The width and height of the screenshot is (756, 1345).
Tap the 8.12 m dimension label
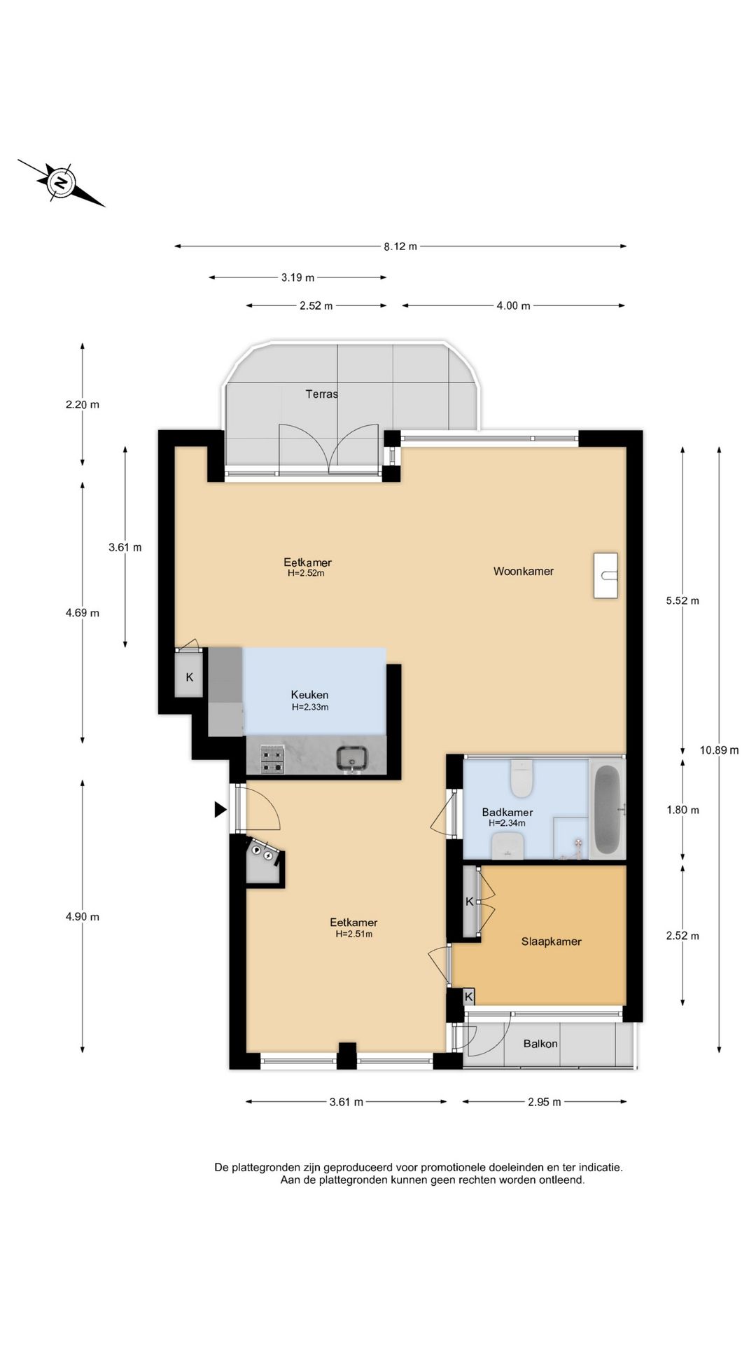tap(400, 247)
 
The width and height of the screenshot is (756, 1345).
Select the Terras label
tap(322, 394)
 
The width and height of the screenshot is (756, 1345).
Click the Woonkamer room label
tap(524, 571)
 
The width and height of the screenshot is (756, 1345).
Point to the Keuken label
tap(309, 695)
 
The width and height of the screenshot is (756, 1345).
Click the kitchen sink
tap(352, 759)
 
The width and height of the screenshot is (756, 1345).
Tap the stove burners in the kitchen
tap(272, 760)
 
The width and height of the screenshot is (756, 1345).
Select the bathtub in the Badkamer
tap(607, 809)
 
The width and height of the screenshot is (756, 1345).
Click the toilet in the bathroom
tap(522, 778)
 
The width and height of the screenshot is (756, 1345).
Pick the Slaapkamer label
tap(552, 941)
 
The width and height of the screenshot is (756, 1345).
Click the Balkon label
tap(540, 1044)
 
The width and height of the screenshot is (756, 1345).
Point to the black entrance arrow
tap(220, 810)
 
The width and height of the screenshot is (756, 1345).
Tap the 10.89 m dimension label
tap(720, 750)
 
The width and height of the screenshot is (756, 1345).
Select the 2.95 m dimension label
tap(545, 1102)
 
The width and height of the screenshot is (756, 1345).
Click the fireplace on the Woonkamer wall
tap(606, 575)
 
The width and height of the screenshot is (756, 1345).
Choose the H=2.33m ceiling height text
tap(310, 708)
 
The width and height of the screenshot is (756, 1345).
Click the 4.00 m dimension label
tap(514, 305)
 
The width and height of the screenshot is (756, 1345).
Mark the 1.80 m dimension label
tap(682, 810)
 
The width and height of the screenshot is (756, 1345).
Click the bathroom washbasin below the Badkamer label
tap(508, 846)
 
